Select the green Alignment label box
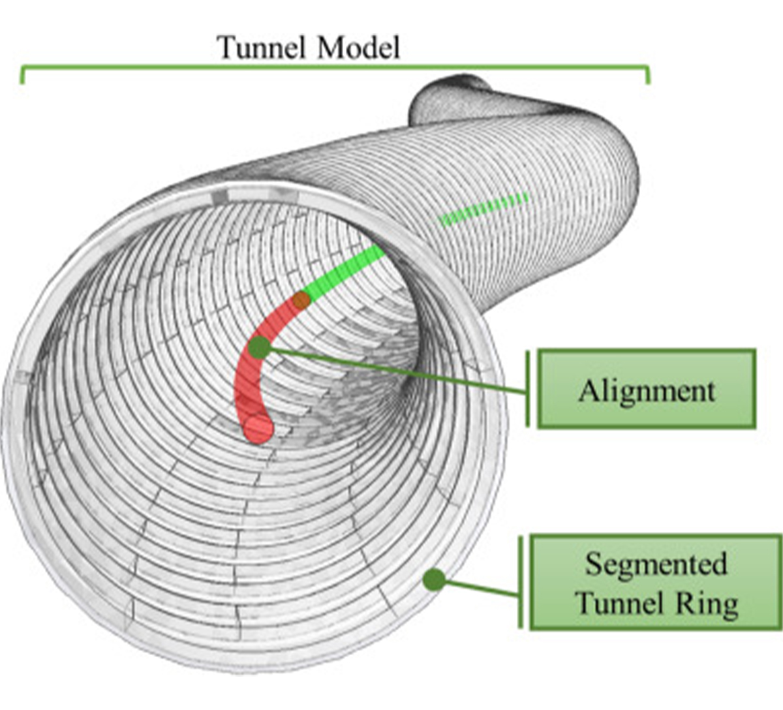[x=646, y=389]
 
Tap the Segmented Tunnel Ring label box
[x=655, y=582]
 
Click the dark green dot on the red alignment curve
[x=259, y=347]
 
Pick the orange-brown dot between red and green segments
[x=301, y=300]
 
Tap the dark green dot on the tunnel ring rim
[x=434, y=579]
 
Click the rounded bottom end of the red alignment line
[x=258, y=429]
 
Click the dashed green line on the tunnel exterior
[x=483, y=208]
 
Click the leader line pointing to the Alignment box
[x=398, y=370]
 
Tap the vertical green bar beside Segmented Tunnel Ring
[x=520, y=582]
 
